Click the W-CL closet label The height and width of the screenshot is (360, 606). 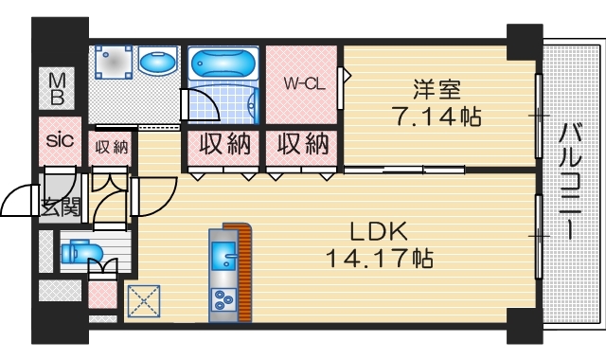pos(305,83)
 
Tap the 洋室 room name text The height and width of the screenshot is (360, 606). pos(437,90)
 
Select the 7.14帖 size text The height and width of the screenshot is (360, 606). pos(437,117)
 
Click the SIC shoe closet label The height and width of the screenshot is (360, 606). pos(60,141)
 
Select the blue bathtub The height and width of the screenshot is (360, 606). pos(223,64)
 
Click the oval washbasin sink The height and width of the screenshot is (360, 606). pos(156,63)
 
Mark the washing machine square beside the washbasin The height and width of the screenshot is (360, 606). pos(112,64)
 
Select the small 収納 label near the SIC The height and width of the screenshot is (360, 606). pos(112,146)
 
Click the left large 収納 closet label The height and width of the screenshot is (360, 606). pos(223,145)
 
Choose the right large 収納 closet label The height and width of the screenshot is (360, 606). pos(303,145)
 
